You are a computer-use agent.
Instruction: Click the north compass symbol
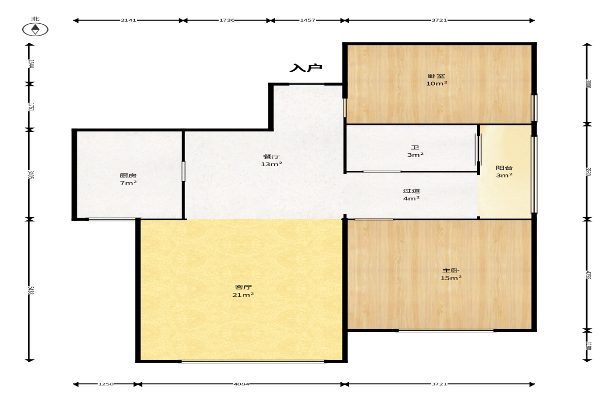point(35,29)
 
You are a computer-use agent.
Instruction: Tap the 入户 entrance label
point(306,68)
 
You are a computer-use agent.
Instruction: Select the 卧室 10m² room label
point(436,80)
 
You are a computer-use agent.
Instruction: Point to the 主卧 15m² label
point(451,274)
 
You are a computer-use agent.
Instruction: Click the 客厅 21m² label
point(243,291)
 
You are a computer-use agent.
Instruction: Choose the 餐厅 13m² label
point(271,160)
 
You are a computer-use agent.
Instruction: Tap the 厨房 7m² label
point(128,179)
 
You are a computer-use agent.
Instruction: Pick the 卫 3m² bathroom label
point(415,151)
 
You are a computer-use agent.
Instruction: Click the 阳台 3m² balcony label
point(505,171)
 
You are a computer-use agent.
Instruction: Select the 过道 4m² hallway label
point(411,195)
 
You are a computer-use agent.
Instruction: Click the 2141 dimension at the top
point(128,20)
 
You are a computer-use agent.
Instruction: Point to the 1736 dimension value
point(227,20)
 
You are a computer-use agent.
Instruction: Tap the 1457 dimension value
point(307,20)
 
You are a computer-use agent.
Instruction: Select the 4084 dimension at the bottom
point(241,384)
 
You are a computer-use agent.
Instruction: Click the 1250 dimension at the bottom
point(106,384)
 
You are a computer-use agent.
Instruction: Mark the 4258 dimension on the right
point(588,275)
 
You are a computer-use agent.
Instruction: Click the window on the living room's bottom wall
point(253,361)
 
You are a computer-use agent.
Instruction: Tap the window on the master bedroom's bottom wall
point(446,330)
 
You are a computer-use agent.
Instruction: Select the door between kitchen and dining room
point(183,171)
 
